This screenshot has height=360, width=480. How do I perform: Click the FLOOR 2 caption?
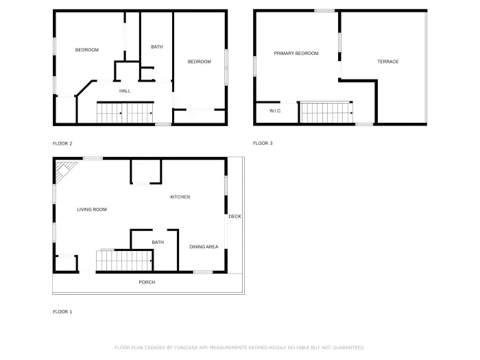(62, 143)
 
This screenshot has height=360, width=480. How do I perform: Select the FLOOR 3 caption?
(263, 143)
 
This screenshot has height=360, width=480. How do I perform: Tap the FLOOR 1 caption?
(62, 312)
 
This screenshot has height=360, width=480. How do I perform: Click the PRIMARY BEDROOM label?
(296, 53)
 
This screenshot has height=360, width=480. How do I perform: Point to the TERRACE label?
(387, 62)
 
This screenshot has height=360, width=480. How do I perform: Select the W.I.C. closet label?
(275, 110)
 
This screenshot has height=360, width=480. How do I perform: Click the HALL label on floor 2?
(125, 91)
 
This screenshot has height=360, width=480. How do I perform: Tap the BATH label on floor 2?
(156, 47)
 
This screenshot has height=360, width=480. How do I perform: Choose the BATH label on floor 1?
(158, 242)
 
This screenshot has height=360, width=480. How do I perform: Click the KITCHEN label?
(180, 197)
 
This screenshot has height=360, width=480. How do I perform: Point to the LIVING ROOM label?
(91, 209)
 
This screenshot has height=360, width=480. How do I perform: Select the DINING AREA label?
(204, 247)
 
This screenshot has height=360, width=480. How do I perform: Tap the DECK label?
(235, 217)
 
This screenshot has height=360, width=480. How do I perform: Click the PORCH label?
(147, 283)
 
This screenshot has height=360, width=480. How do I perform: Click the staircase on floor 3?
(326, 113)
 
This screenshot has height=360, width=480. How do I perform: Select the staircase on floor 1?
(123, 261)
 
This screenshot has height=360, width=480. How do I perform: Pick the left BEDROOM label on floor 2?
(87, 50)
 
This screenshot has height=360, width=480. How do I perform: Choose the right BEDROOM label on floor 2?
(199, 62)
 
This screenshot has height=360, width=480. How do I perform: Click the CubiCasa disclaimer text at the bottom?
(239, 348)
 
